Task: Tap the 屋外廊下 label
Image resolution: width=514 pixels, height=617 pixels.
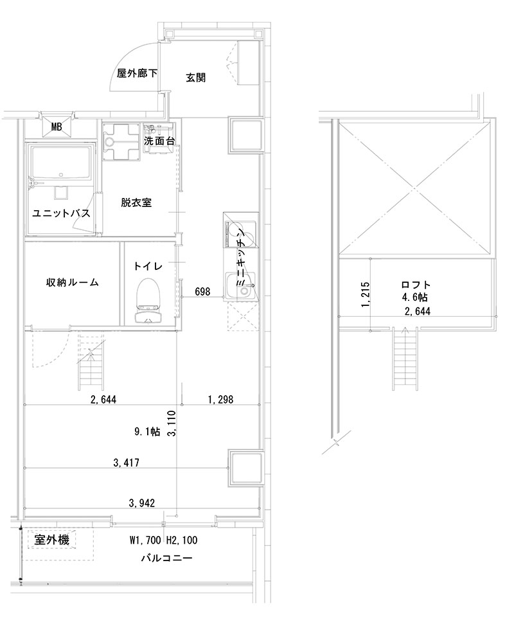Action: coord(137,74)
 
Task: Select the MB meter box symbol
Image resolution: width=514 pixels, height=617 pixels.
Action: coord(57,127)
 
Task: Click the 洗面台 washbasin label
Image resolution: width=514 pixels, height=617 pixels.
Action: coord(160,140)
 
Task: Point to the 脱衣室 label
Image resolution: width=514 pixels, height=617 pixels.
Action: coord(136,202)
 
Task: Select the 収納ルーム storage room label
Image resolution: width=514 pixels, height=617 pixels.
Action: coord(72,282)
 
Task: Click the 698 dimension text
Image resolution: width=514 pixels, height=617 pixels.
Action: coord(202,292)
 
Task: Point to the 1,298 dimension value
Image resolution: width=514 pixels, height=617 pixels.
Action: coord(220,399)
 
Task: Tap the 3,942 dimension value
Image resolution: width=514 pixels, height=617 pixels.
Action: coord(141,503)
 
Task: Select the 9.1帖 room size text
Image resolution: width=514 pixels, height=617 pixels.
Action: coord(147,432)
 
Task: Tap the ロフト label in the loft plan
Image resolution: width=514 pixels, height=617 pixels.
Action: coord(415,285)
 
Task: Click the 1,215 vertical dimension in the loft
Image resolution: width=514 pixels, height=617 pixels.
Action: coord(365,294)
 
